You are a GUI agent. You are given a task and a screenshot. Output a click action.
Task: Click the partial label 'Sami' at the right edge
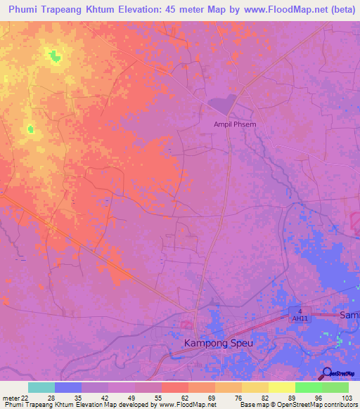tap(349, 315)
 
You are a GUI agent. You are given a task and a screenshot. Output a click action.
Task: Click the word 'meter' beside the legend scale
tap(11, 398)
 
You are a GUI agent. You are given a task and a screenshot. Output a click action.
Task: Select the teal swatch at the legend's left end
tap(41, 387)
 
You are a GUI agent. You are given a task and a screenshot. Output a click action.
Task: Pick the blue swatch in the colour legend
tap(68, 387)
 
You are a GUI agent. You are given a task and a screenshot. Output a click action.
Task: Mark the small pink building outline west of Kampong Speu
tap(186, 324)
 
